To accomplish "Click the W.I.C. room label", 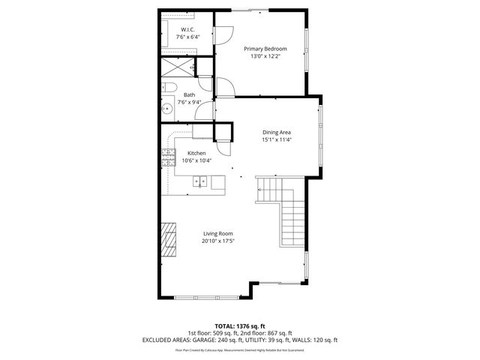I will click(187, 29).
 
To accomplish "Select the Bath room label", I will click(190, 94).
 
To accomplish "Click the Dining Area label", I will click(276, 131).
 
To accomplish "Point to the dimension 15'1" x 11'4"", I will click(276, 139).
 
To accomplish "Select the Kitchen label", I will click(196, 153).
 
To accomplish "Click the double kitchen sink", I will click(201, 181).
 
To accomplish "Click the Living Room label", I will click(218, 233).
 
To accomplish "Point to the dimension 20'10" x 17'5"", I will click(218, 241).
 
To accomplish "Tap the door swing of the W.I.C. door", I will click(223, 34).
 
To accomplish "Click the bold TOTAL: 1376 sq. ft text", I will click(240, 325).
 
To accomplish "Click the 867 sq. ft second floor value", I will click(279, 332).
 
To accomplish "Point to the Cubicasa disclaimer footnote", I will click(240, 349).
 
